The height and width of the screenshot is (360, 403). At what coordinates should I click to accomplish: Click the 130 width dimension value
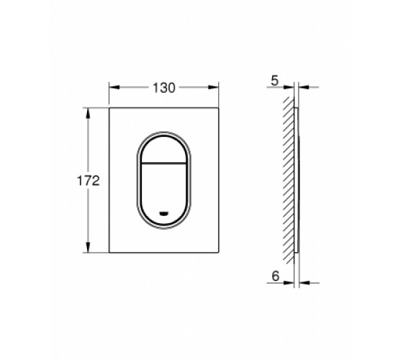click(164, 88)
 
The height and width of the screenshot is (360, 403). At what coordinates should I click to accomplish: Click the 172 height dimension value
click(88, 181)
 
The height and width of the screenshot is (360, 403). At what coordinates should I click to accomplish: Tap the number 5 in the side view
click(275, 81)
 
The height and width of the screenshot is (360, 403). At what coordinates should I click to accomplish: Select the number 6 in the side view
click(275, 276)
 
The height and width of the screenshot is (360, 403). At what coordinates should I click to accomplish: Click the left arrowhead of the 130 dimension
click(114, 87)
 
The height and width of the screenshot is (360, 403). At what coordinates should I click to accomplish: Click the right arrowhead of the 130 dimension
click(213, 87)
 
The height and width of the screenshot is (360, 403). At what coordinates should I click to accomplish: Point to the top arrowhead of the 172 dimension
click(88, 113)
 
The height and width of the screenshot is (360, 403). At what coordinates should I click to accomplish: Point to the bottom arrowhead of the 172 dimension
click(88, 247)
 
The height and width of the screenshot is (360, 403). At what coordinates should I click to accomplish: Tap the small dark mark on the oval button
click(164, 213)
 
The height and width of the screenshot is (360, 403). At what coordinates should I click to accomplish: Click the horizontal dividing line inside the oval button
click(164, 163)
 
